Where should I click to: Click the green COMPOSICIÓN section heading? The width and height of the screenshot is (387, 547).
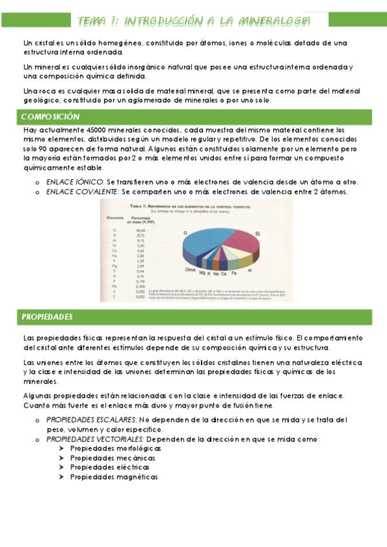tap(50, 117)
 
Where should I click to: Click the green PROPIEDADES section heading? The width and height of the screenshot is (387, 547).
tap(47, 317)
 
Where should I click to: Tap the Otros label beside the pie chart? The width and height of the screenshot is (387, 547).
tap(190, 269)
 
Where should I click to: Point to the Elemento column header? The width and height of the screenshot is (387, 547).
tap(116, 217)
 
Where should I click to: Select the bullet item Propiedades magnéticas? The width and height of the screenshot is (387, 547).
tap(114, 477)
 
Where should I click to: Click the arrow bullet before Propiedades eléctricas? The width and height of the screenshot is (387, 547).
tap(61, 467)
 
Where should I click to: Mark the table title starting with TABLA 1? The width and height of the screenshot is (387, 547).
tap(194, 205)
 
